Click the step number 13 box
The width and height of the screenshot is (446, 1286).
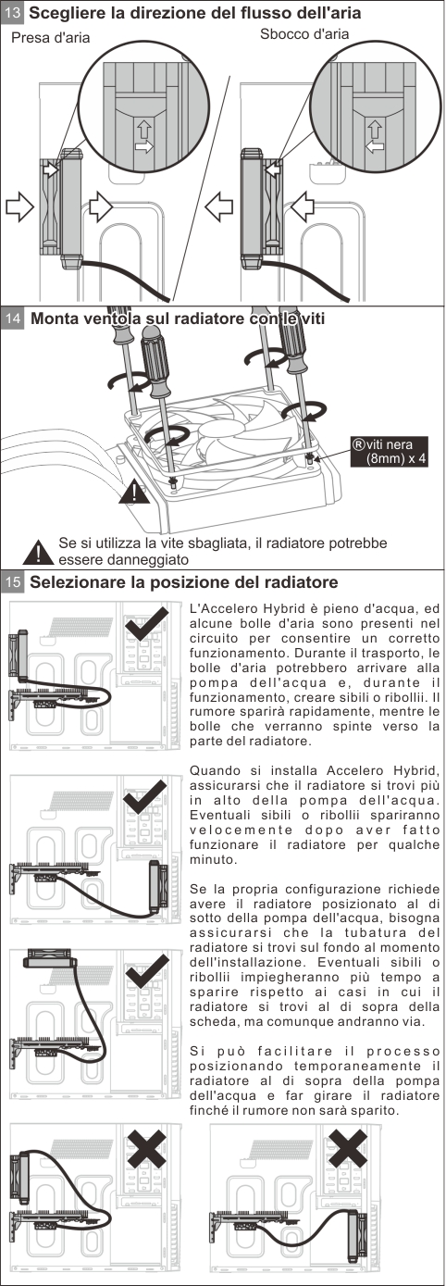tap(13, 13)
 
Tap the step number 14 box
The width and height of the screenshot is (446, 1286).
tap(13, 318)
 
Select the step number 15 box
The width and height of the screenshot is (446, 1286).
tap(13, 582)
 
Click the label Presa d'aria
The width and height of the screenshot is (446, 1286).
tap(51, 38)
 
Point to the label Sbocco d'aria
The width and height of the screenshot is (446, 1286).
tap(304, 34)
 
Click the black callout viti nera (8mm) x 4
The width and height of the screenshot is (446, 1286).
tap(390, 451)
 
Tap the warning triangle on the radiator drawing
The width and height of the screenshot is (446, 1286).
tap(134, 492)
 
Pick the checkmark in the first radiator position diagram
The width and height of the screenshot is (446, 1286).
tap(147, 623)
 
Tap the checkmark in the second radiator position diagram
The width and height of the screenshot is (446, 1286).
tap(145, 796)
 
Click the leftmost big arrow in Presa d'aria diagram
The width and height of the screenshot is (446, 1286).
tap(19, 206)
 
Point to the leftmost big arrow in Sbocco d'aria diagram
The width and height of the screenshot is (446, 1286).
tap(219, 206)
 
